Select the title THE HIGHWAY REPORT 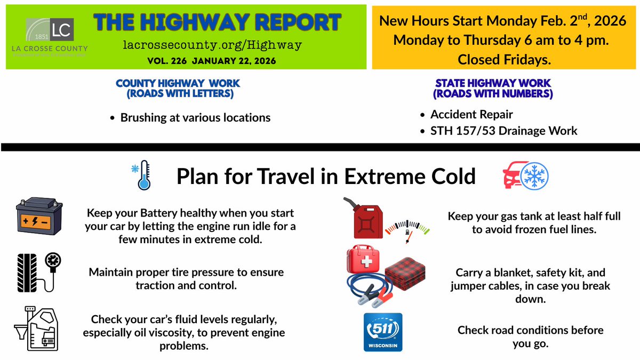pyautogui.click(x=217, y=22)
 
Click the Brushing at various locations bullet pyautogui.click(x=195, y=117)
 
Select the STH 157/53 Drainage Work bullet pyautogui.click(x=503, y=131)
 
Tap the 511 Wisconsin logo pyautogui.click(x=382, y=332)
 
